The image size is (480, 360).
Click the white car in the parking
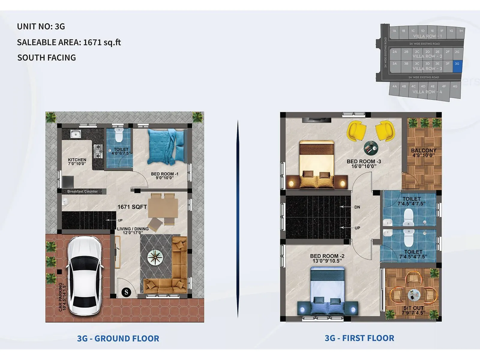(85, 275)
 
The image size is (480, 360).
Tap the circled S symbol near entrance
(126, 292)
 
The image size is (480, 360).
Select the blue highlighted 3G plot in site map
(457, 66)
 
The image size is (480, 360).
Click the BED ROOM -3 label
(364, 161)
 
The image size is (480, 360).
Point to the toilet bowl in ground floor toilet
(119, 135)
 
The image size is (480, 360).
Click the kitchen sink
(76, 134)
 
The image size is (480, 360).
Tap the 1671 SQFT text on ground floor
(132, 207)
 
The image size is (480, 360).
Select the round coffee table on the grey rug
(155, 257)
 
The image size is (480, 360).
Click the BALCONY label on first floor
(424, 151)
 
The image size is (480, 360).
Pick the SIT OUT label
(413, 308)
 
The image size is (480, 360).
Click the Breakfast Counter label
(82, 191)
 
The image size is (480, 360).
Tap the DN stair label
(357, 207)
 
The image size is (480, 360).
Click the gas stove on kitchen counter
(98, 151)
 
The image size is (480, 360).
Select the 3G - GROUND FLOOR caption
(118, 338)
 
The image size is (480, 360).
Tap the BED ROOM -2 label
(327, 256)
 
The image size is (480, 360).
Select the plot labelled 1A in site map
(394, 31)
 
